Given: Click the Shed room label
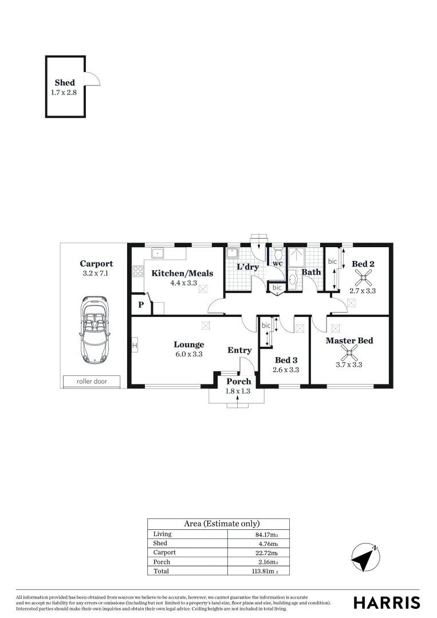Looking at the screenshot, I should [65, 83].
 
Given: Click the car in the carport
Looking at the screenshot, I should [94, 328].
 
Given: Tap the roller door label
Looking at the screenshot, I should [91, 381].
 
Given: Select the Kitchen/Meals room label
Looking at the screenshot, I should [182, 274].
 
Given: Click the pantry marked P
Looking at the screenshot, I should [140, 305].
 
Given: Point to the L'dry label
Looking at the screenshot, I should [248, 267].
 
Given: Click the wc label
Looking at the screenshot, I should [277, 264].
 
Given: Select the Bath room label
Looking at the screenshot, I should [311, 272].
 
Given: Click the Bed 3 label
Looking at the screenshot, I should [286, 360].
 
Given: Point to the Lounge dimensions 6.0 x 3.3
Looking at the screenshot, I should [189, 354].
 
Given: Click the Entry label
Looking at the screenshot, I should [239, 350].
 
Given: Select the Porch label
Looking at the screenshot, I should [239, 382].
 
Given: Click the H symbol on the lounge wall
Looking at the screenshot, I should [135, 346].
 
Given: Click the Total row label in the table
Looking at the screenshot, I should [162, 571].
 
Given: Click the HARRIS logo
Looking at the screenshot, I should [387, 603].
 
